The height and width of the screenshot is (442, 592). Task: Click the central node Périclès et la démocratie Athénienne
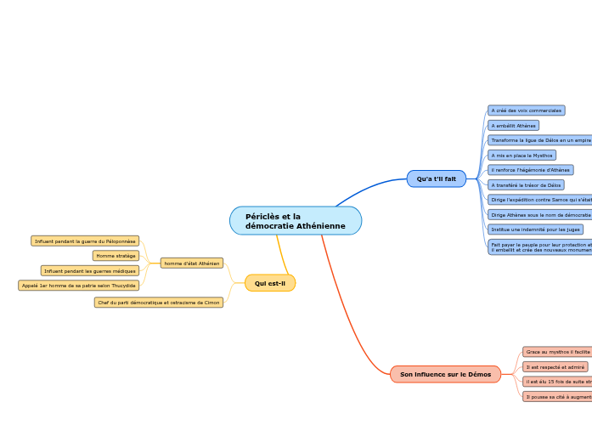coord(295,221)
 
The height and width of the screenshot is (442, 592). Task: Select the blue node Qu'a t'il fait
coord(436,178)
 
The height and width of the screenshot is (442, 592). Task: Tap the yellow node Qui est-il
coord(270,283)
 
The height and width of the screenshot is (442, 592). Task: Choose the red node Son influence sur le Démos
coord(445,374)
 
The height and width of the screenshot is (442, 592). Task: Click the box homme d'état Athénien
coord(192,263)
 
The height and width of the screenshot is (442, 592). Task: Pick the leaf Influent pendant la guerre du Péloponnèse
coord(85,241)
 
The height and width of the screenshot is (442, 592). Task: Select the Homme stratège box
coord(116,256)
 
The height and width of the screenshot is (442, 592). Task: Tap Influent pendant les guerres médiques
coord(90,271)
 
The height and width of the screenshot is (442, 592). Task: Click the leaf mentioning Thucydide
coord(78,286)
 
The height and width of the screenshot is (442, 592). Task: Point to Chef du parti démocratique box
coord(159,303)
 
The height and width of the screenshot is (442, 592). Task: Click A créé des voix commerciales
coord(526,110)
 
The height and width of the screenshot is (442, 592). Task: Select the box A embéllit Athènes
coord(513,126)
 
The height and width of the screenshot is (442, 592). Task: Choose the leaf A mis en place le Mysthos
coord(522,156)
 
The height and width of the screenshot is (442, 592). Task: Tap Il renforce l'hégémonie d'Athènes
coord(530,170)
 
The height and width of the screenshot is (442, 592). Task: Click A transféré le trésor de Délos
coord(526,184)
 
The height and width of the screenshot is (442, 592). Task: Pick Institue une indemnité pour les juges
coord(535,229)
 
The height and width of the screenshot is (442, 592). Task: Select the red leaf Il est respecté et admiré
coord(555,367)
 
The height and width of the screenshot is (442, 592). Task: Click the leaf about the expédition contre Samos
coord(540,200)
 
